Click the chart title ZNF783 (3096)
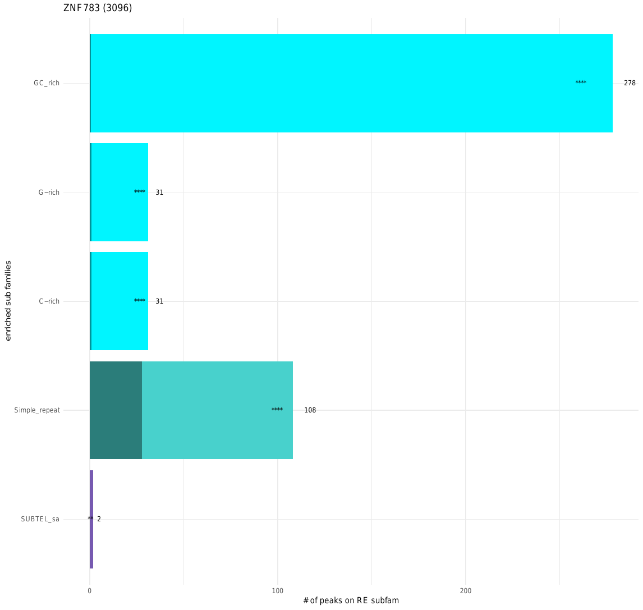(98, 8)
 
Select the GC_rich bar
(351, 83)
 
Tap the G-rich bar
(119, 192)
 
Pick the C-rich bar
(119, 301)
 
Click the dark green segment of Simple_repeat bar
(116, 410)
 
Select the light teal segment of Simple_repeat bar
(217, 410)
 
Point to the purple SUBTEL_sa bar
(91, 519)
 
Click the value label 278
(630, 83)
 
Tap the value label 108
(310, 410)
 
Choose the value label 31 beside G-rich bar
(159, 192)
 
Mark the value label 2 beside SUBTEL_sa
(99, 519)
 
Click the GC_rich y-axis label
(46, 83)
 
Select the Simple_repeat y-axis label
(37, 410)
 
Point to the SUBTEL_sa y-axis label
(40, 519)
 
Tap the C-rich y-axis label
(49, 301)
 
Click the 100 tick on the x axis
(277, 591)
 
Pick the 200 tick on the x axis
(465, 591)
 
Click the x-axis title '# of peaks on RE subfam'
(351, 601)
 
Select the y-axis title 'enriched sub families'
(8, 301)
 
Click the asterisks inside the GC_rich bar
(581, 83)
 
